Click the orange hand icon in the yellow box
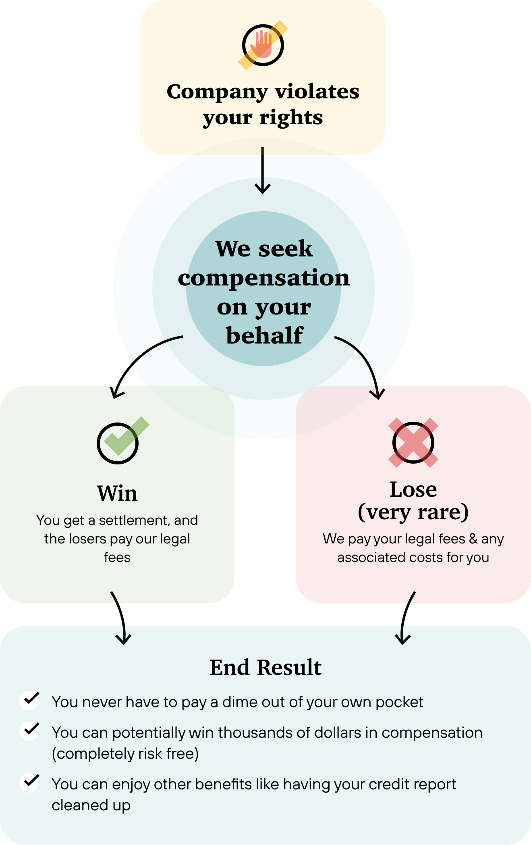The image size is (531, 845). (x=263, y=45)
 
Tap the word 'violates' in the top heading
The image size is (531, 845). (x=317, y=92)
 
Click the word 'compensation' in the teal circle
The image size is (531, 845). (x=264, y=278)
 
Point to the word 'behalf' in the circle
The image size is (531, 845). (x=264, y=335)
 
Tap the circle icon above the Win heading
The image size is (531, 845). (x=118, y=443)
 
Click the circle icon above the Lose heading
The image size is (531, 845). (x=413, y=443)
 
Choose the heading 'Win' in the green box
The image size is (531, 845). (x=117, y=493)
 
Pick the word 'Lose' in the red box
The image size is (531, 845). (x=413, y=490)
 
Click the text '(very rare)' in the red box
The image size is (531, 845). (x=413, y=512)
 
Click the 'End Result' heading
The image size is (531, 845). (x=265, y=668)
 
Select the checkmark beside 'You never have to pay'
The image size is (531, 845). (x=29, y=701)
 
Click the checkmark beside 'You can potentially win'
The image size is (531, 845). (x=29, y=731)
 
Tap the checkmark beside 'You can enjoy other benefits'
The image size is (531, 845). (x=29, y=783)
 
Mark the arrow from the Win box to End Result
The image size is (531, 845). (x=121, y=619)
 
